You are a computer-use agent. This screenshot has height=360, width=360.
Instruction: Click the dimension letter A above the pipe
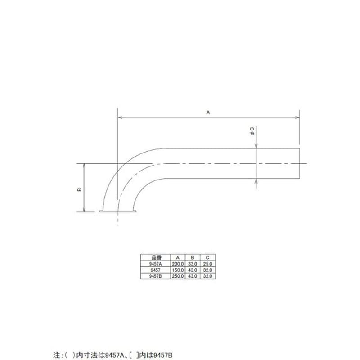[208, 113]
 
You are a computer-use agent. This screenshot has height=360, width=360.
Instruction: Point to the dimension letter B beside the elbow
[79, 189]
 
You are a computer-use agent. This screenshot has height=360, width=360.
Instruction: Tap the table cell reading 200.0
[178, 264]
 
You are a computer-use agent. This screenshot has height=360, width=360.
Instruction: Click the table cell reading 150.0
[178, 270]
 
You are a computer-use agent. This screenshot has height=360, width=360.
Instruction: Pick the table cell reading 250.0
[178, 275]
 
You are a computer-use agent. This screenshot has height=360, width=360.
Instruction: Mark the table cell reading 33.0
[193, 264]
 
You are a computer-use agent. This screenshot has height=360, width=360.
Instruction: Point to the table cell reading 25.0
[207, 264]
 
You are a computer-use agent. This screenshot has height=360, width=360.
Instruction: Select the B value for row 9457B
[193, 275]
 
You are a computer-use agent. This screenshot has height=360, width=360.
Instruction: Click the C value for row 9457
[207, 270]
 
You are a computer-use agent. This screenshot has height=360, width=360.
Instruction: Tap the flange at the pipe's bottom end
[118, 211]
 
